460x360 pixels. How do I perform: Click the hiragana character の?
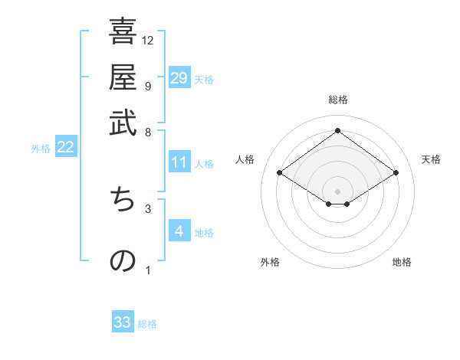123,260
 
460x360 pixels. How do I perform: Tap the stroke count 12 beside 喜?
148,40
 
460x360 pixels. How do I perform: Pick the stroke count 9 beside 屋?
147,85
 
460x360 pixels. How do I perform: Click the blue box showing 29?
179,78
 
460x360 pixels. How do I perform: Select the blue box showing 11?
179,162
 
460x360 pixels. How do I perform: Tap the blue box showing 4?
179,231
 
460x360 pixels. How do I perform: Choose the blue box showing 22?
65,148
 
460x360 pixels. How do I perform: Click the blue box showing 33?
123,322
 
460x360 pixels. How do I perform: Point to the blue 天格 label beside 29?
204,80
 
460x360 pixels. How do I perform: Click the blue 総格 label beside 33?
147,324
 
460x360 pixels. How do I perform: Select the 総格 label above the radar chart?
337,100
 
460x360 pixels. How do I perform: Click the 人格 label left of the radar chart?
245,159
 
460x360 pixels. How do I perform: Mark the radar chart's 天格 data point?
396,173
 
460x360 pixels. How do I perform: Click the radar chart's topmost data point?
337,131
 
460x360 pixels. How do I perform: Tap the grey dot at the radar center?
337,191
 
